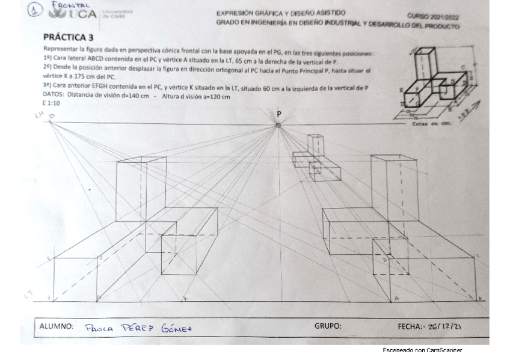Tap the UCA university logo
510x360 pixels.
(x=75, y=13)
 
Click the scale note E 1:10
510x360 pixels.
(x=52, y=103)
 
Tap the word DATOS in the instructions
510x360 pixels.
(x=54, y=95)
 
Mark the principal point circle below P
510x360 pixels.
(x=278, y=125)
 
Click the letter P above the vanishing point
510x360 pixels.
(x=279, y=114)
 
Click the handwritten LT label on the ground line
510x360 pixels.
(x=28, y=293)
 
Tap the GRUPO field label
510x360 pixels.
(x=328, y=326)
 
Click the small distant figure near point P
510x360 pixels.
(x=316, y=157)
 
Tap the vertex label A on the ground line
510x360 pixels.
(x=396, y=298)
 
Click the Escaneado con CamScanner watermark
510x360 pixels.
(x=422, y=350)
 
